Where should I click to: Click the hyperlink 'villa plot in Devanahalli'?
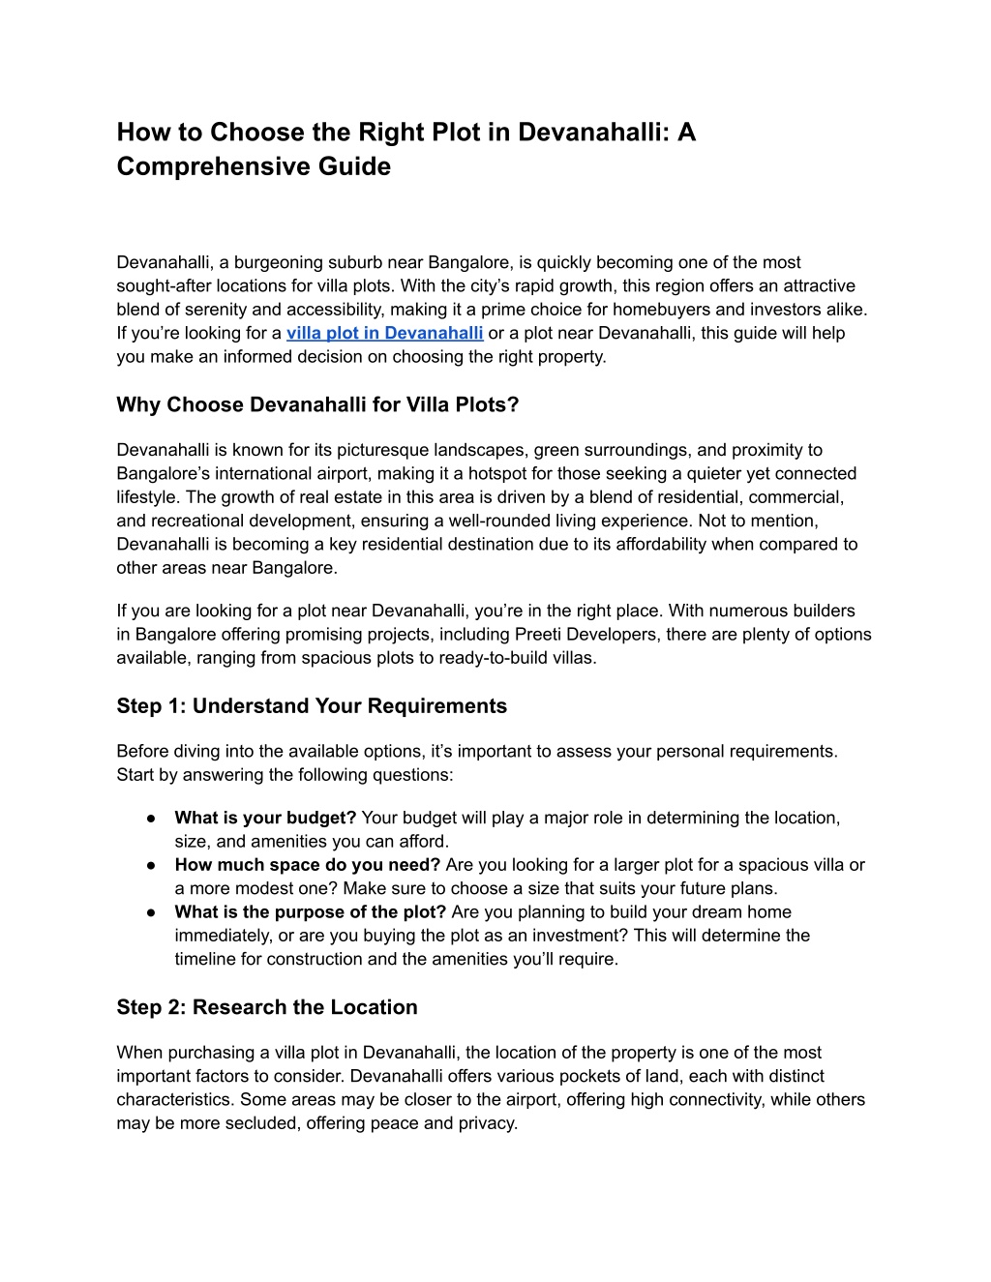pyautogui.click(x=384, y=333)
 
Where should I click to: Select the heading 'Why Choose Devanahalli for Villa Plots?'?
pyautogui.click(x=317, y=404)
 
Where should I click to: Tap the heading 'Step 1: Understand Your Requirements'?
pyautogui.click(x=312, y=705)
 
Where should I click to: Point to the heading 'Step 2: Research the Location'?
pyautogui.click(x=267, y=1007)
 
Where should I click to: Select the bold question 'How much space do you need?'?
pyautogui.click(x=307, y=865)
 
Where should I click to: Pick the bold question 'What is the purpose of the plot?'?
pyautogui.click(x=310, y=912)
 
